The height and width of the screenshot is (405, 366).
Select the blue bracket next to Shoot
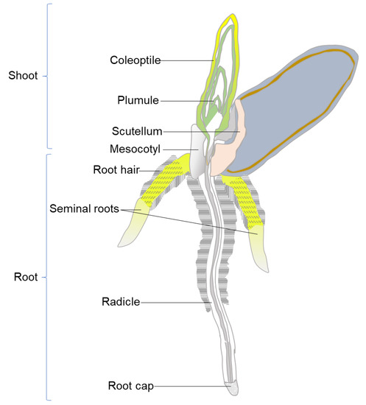(47, 75)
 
